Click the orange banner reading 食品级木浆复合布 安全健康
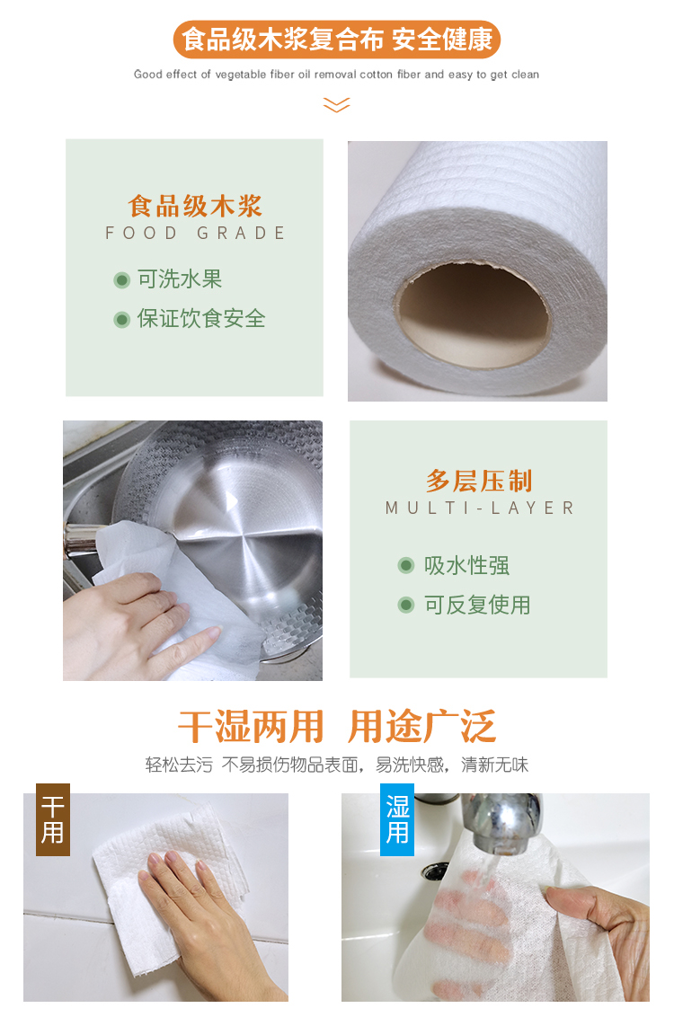337,39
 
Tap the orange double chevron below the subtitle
337,105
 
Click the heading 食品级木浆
195,207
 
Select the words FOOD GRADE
195,233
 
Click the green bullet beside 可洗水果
122,280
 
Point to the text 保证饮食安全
201,318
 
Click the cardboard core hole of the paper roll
473,311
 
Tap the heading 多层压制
479,482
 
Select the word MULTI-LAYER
479,508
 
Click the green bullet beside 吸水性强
406,566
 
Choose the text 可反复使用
477,606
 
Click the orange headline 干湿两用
251,727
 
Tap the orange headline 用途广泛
422,727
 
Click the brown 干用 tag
53,820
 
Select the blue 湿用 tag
397,820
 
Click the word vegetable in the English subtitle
241,75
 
